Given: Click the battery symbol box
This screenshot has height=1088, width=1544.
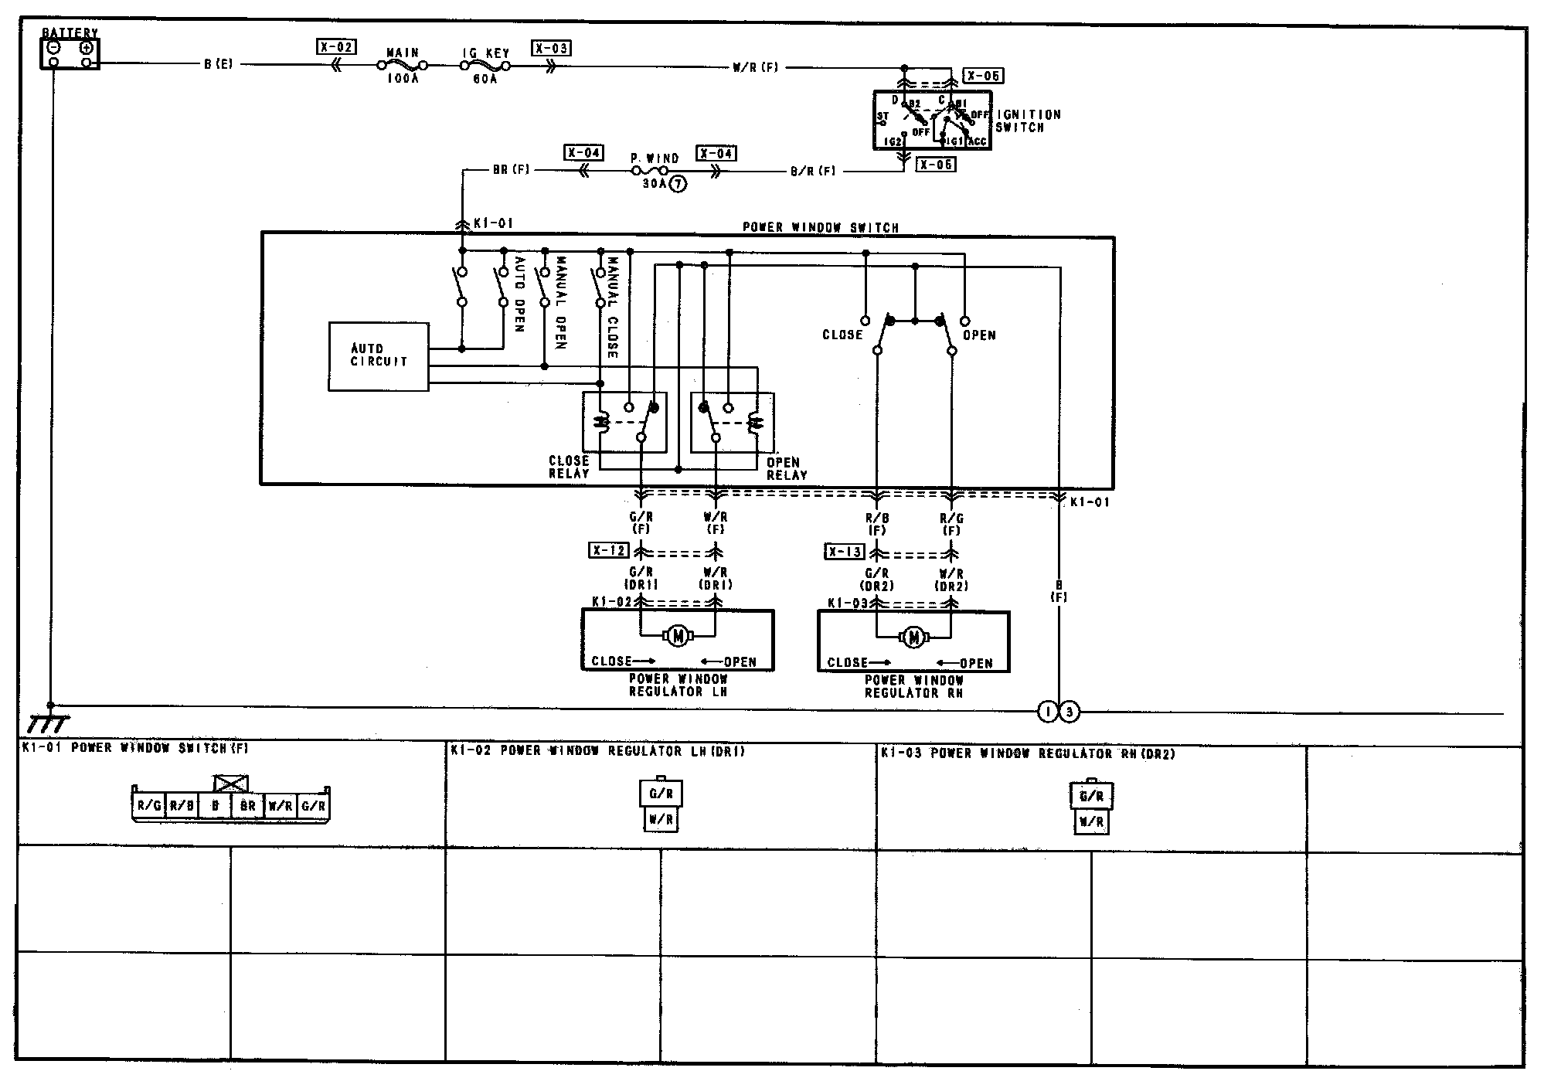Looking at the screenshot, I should point(70,53).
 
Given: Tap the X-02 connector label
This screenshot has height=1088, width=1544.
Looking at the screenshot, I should point(336,47).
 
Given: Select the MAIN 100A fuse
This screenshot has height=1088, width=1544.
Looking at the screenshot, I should point(402,66).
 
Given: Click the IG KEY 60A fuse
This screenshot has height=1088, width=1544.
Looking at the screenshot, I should point(485,66).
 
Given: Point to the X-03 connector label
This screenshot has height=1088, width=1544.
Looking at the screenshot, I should point(551,48).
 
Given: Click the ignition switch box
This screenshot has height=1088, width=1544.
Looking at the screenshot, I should point(932,121).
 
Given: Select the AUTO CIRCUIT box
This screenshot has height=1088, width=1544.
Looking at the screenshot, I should point(379,356).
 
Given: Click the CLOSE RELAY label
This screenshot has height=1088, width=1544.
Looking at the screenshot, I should point(569,467).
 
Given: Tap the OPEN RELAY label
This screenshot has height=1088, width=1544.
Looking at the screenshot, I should point(786,468).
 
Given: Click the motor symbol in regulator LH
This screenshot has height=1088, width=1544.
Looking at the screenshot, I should point(678,636).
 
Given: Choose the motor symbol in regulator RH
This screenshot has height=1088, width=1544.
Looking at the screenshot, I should point(914,637).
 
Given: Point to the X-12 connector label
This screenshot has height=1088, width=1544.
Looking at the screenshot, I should point(608,551).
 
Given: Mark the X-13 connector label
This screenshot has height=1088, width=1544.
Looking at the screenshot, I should point(845,552).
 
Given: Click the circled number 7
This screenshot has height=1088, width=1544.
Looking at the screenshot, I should point(678,184).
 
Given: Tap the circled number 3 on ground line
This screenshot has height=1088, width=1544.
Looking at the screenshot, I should point(1069,712).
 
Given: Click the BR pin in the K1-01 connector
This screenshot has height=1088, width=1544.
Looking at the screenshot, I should point(247,805).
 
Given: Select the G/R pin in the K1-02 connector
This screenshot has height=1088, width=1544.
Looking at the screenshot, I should point(661,794).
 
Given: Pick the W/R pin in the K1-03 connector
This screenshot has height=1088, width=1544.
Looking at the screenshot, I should point(1090,822).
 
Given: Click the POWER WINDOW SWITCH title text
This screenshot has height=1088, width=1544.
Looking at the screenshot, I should point(821,227).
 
